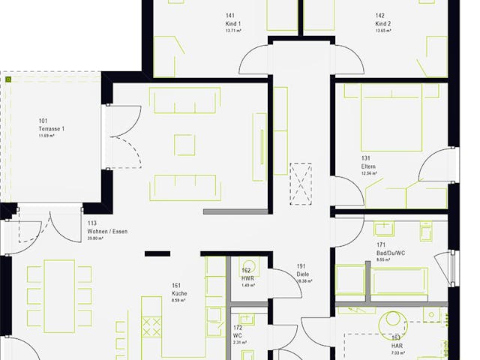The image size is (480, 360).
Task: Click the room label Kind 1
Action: pos(233,24)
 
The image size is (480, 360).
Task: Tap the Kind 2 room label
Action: pos(383,24)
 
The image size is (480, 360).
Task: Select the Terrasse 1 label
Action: pos(52,129)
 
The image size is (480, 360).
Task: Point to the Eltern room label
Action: pos(367,166)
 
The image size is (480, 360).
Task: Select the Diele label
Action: pos(302,274)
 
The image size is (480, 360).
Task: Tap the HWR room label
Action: pos(247,277)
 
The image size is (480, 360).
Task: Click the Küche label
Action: pos(179,293)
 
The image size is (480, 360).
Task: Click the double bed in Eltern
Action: pos(391,118)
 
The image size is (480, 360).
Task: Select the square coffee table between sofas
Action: pos(184,144)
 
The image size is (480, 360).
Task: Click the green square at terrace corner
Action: pos(8,78)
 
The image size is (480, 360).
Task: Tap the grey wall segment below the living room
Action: pos(235,211)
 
